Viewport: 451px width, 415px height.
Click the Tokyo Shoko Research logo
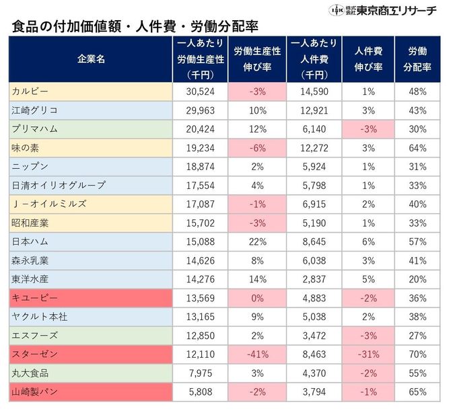384,11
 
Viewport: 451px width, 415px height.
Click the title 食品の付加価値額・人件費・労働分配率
135,27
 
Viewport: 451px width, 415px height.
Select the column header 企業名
91,59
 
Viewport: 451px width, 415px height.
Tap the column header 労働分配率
417,59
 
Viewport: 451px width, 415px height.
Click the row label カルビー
30,91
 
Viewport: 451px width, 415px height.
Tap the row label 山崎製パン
34,391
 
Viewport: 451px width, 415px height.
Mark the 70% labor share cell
417,353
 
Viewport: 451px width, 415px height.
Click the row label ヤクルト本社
38,316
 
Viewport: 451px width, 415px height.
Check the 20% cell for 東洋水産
417,278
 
